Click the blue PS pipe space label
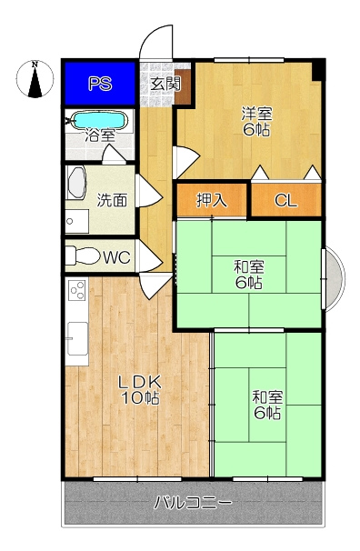(100, 85)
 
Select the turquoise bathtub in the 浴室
(99, 121)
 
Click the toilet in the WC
(83, 255)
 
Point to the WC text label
(117, 257)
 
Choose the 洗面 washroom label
(112, 200)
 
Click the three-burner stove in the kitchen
(77, 290)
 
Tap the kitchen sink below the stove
(77, 338)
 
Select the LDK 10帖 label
(141, 389)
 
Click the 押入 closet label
(212, 200)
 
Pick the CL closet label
(286, 201)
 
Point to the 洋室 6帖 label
(256, 122)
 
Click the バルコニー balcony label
(193, 503)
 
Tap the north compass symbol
(35, 79)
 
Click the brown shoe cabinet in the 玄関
(183, 86)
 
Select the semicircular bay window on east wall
(334, 279)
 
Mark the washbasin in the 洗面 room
(75, 183)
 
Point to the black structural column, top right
(318, 71)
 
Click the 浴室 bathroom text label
(100, 136)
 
